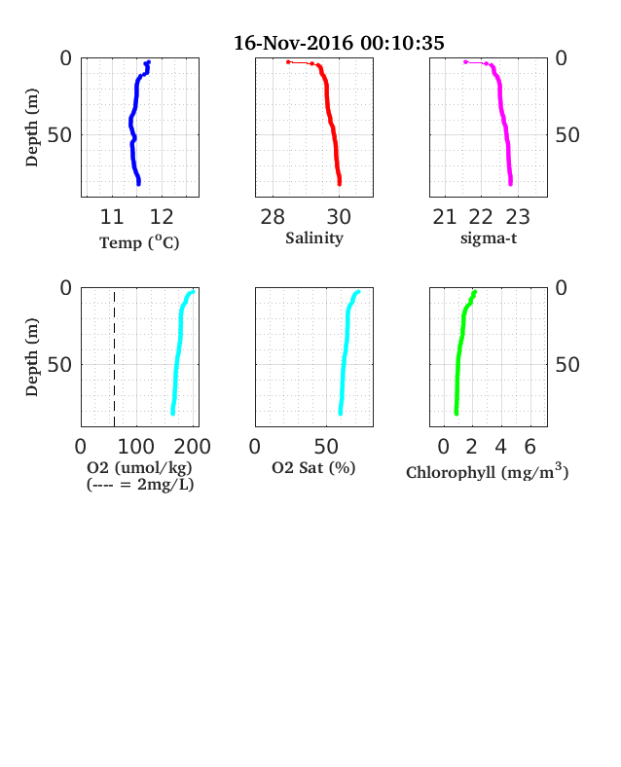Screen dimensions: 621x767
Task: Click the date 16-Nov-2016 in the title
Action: point(293,43)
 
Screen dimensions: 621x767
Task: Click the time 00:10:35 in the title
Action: point(402,43)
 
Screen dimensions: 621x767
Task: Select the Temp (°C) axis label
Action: point(139,242)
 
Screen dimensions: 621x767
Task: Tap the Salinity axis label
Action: point(314,238)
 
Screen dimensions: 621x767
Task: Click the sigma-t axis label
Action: point(489,238)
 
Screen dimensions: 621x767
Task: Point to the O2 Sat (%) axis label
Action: point(313,468)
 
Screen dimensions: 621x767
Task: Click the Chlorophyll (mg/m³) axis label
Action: point(488,471)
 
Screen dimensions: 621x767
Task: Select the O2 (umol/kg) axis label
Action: point(139,467)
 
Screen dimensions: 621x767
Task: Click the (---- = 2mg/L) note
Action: point(140,485)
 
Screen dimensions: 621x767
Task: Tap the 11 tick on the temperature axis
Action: point(112,217)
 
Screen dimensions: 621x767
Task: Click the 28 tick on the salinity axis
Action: point(273,217)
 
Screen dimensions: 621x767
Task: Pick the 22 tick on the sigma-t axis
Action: point(481,217)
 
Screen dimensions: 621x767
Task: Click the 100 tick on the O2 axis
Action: point(136,447)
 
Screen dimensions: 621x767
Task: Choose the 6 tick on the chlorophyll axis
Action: point(530,447)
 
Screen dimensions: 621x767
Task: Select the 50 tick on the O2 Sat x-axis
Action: point(326,447)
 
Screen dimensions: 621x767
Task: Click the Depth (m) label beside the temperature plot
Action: point(32,128)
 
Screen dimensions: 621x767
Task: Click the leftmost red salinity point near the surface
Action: point(288,62)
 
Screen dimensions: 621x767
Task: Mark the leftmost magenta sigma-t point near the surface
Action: point(465,62)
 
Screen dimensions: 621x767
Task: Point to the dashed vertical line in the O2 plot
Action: point(115,359)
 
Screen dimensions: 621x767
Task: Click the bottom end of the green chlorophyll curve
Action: point(457,414)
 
